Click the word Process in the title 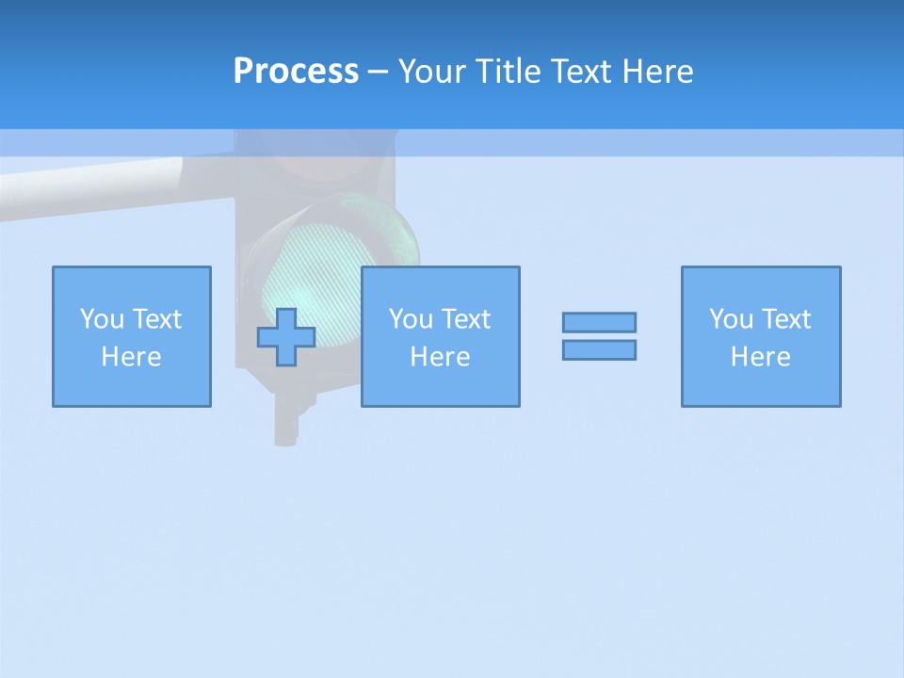(296, 72)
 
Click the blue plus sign (286, 337)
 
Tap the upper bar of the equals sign (599, 322)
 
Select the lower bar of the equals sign (599, 349)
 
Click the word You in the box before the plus (102, 319)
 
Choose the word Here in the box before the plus (131, 357)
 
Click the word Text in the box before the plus (156, 319)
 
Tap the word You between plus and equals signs (411, 319)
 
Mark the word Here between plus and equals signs (440, 357)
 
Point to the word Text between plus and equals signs (465, 319)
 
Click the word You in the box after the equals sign (731, 319)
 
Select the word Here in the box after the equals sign (760, 357)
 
